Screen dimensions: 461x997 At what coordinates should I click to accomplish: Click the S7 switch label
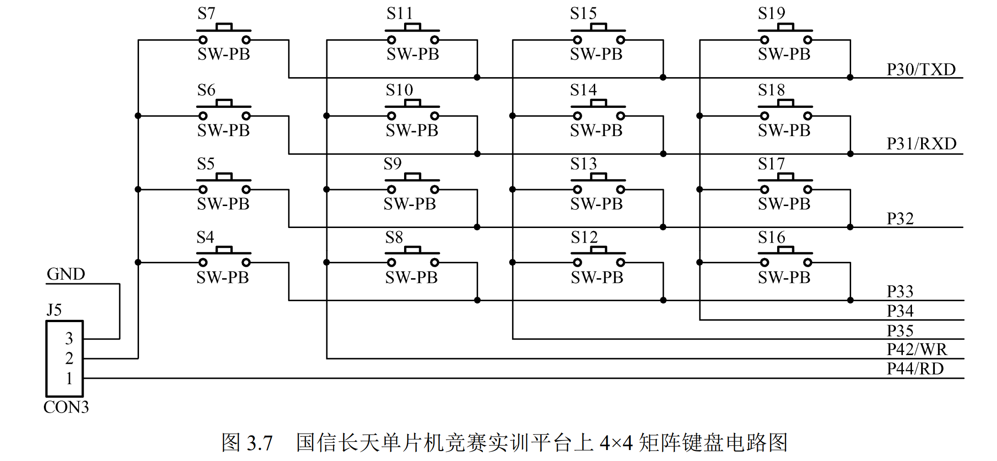(206, 14)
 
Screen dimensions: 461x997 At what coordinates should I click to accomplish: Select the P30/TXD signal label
(921, 69)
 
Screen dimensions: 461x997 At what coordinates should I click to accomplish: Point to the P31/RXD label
(921, 143)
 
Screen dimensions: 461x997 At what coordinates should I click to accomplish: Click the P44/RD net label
(915, 368)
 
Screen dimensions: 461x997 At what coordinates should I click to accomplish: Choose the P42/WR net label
(917, 349)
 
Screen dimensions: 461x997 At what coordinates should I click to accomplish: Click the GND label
(66, 274)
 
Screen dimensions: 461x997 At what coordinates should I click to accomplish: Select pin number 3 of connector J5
(69, 339)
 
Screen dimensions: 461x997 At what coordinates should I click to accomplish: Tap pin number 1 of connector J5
(69, 378)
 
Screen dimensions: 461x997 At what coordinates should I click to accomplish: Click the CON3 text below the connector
(66, 407)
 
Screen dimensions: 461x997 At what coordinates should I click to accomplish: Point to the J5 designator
(54, 310)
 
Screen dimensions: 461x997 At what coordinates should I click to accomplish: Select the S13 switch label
(583, 164)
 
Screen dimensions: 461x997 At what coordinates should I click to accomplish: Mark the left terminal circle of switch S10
(391, 116)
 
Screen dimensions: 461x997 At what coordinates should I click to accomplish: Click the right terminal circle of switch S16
(808, 262)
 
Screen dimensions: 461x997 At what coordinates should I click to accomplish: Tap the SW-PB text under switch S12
(597, 277)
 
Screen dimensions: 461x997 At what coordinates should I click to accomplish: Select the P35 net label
(900, 330)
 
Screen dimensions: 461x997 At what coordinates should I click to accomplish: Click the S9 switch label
(393, 164)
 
